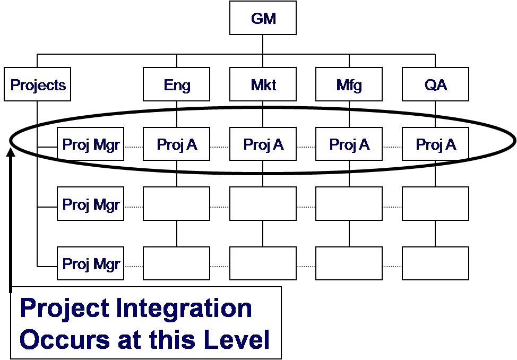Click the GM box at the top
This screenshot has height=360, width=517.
263,19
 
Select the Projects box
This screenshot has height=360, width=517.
38,84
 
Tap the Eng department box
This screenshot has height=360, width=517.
177,84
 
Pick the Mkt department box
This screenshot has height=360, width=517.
263,84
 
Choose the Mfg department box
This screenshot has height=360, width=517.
349,84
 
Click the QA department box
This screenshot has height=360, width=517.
435,84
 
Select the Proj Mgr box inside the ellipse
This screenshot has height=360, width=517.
91,144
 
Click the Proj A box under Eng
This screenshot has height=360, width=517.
177,144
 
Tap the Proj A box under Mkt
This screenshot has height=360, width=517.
263,144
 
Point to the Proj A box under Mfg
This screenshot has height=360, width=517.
349,144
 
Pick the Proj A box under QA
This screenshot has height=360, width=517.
435,144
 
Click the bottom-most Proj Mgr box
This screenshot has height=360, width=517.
91,263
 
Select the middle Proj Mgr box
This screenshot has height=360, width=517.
91,204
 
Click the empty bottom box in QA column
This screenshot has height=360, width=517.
435,263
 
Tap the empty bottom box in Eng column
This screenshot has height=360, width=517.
177,263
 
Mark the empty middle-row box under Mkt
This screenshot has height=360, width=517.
263,204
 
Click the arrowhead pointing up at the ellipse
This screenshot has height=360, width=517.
10,154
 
